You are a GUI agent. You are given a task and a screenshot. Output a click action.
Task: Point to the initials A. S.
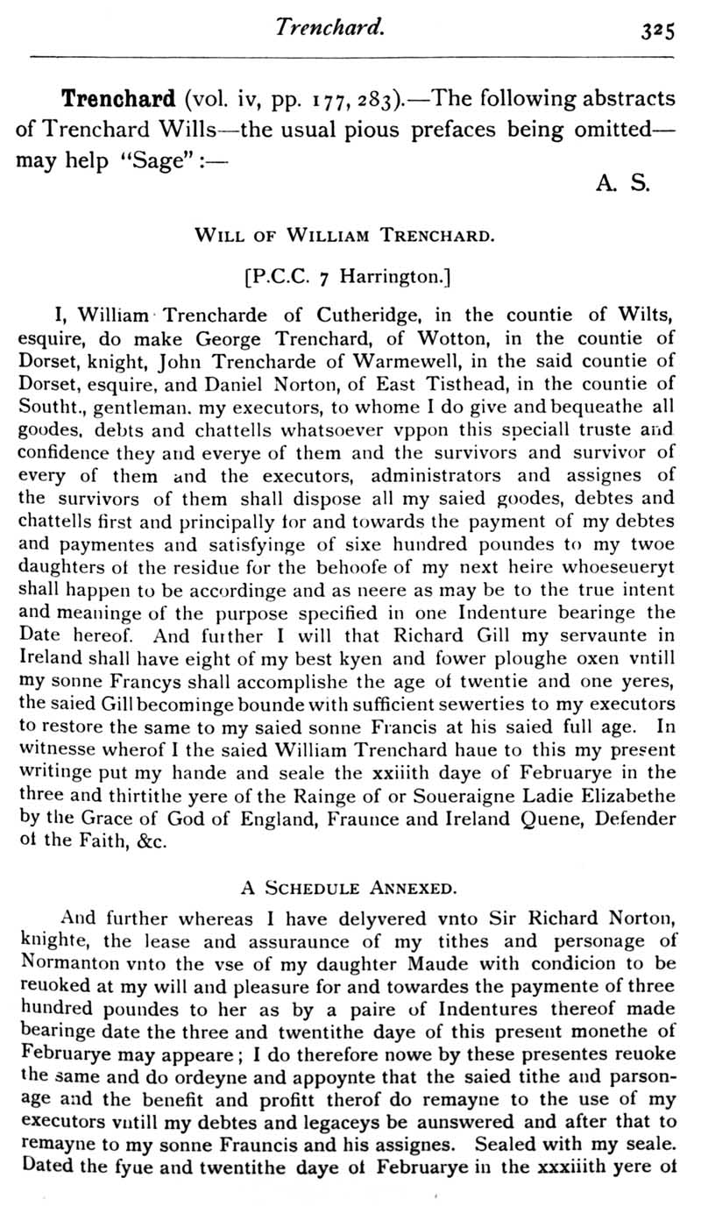click(x=621, y=185)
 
